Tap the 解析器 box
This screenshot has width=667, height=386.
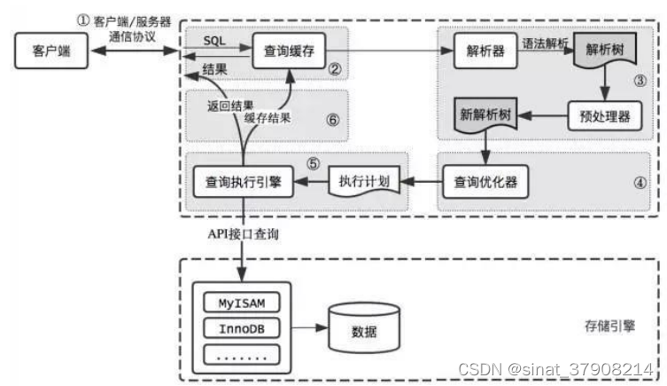tap(485, 52)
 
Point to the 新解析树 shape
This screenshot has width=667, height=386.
tap(485, 116)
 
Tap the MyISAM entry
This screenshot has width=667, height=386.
tap(242, 303)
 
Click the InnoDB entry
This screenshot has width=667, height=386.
tap(242, 328)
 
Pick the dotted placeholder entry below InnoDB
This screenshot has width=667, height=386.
tap(242, 354)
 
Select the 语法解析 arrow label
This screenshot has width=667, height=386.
tap(542, 42)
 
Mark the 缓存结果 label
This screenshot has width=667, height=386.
tap(269, 116)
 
